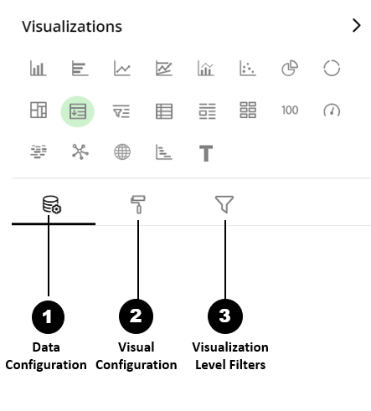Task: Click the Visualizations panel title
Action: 72,27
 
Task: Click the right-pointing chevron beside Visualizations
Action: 357,26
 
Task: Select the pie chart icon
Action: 290,69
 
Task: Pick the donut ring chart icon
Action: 332,68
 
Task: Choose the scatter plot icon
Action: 248,69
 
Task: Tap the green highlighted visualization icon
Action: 78,111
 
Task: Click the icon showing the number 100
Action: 290,110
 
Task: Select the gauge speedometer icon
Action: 332,110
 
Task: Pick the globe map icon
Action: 122,152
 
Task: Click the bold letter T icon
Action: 206,153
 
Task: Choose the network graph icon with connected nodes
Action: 80,152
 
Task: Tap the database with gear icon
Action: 52,204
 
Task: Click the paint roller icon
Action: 138,204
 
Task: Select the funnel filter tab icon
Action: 224,204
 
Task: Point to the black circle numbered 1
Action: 49,317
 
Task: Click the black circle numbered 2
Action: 136,316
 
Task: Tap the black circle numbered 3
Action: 225,316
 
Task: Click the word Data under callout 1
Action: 46,347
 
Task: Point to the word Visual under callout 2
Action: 136,347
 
